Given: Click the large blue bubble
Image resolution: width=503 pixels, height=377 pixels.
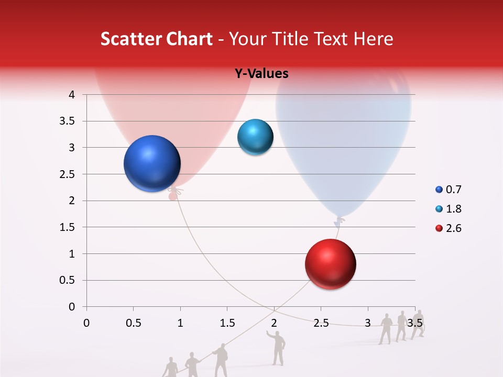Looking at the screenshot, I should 152,163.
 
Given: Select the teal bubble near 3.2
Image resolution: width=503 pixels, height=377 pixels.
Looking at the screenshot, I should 255,137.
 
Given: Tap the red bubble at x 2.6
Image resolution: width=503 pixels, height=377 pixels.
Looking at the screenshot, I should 330,264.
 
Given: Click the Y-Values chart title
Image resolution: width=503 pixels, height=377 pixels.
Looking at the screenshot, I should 261,74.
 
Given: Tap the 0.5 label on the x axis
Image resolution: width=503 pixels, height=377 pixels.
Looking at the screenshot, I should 134,323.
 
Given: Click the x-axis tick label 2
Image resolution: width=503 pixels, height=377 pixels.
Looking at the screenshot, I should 274,323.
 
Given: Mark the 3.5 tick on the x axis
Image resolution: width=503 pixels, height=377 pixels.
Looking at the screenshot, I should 415,323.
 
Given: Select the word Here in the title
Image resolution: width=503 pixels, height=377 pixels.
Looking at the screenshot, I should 373,39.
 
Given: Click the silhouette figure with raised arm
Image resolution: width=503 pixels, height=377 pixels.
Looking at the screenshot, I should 277,347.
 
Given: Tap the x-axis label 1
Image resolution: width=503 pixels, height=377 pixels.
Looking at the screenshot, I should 180,323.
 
